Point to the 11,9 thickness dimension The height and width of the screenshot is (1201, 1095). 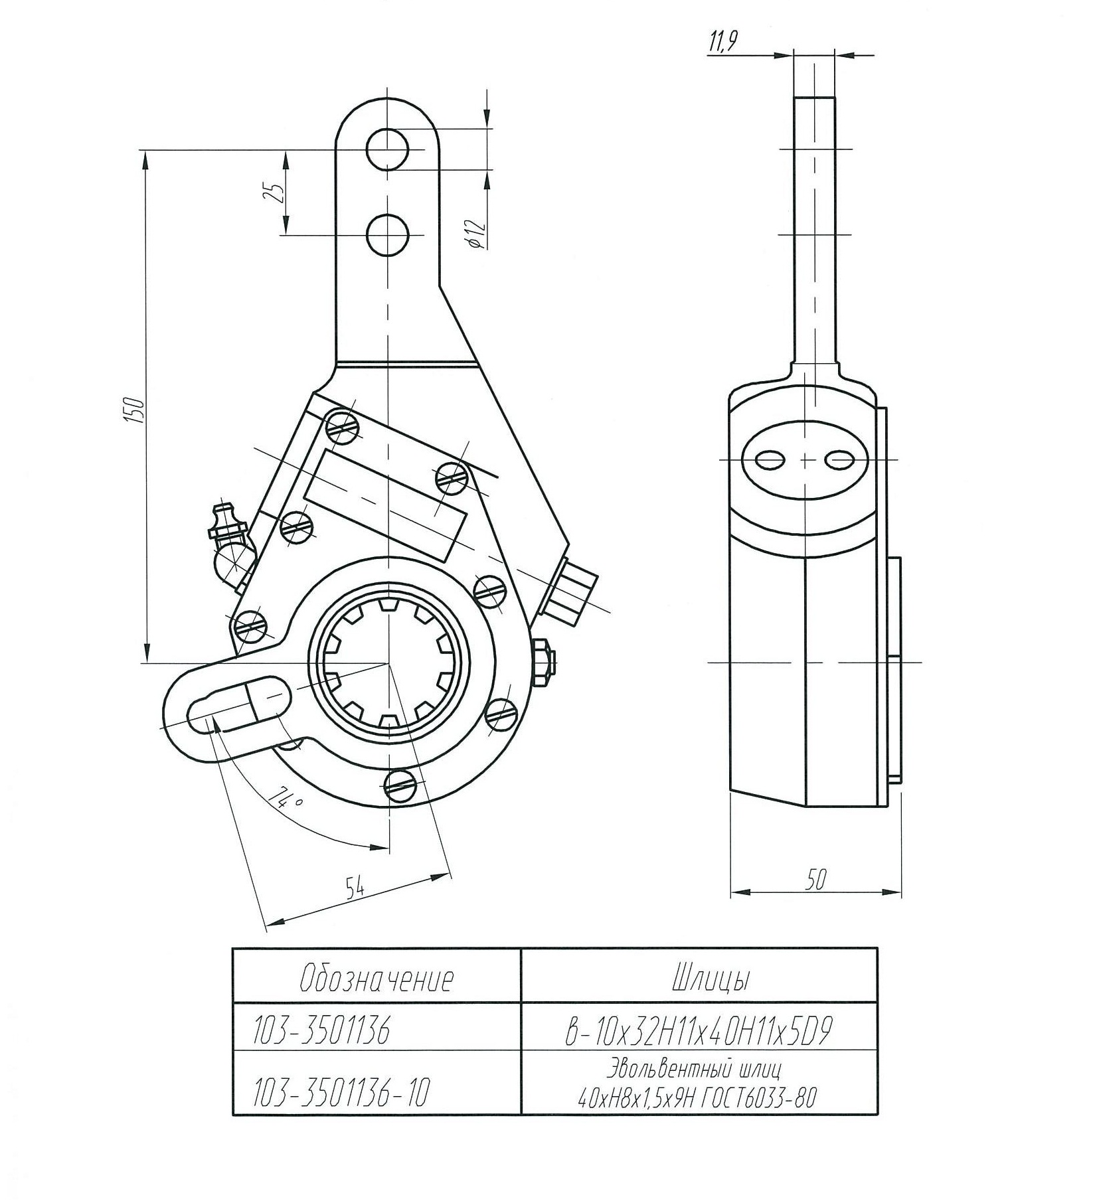click(x=722, y=44)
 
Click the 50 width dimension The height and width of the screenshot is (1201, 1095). click(x=815, y=879)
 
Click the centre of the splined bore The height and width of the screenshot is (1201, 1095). click(x=387, y=663)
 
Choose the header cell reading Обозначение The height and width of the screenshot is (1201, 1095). click(x=377, y=979)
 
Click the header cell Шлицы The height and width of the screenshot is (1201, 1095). click(x=699, y=979)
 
